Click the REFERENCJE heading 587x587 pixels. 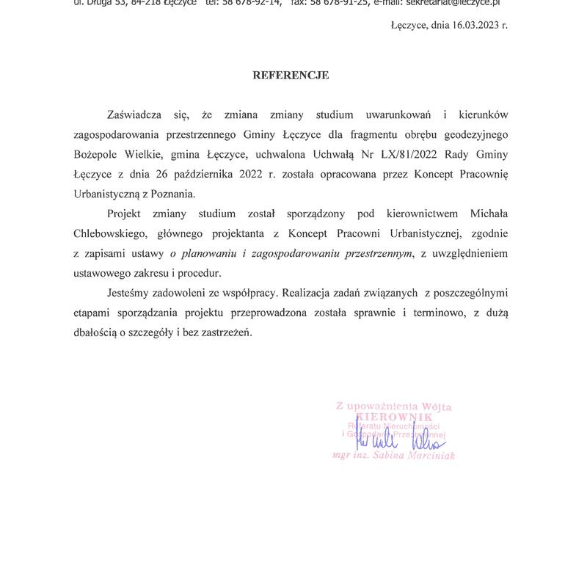(x=291, y=75)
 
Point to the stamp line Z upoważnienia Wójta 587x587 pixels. (x=393, y=405)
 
